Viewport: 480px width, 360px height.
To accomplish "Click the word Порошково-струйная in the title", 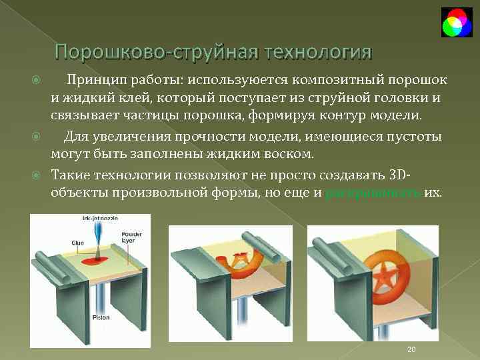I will tap(156, 51).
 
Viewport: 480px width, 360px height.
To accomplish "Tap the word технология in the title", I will tap(318, 51).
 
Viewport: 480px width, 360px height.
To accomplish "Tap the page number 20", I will tap(411, 350).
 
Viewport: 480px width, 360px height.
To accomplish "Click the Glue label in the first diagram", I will tap(77, 243).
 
